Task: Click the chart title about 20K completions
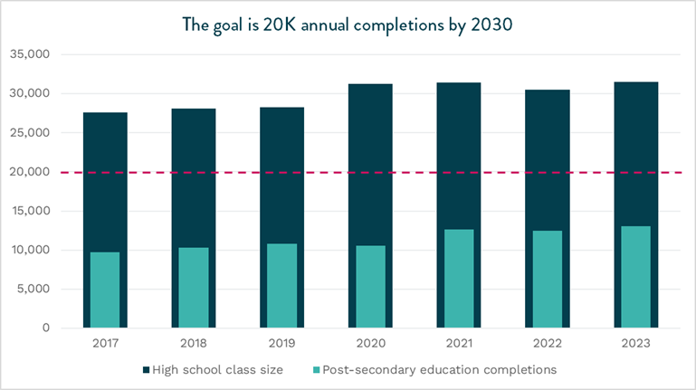(x=348, y=25)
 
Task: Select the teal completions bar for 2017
(x=105, y=290)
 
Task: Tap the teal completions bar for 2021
(x=459, y=279)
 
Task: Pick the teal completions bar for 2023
(x=635, y=277)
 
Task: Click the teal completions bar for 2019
(x=282, y=285)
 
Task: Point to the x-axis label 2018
(x=194, y=342)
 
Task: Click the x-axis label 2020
(x=370, y=342)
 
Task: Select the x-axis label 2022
(x=547, y=342)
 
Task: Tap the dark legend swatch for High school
(x=147, y=369)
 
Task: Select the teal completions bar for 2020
(x=370, y=287)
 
